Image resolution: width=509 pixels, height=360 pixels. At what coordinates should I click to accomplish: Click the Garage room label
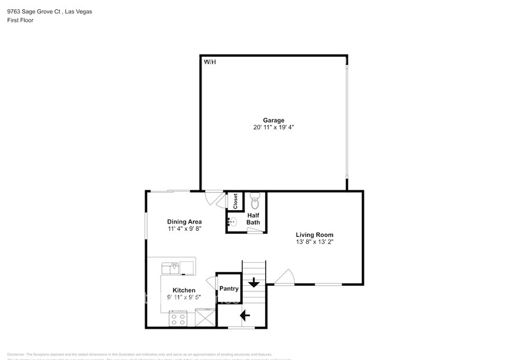tap(273, 120)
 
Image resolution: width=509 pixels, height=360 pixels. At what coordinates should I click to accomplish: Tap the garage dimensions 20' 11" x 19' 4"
tap(273, 128)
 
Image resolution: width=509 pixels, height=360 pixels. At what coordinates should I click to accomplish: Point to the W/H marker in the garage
tap(209, 61)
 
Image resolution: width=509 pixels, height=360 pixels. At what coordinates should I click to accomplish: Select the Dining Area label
tap(184, 222)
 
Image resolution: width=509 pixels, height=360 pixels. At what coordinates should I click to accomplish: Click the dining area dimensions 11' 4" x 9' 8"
tap(184, 229)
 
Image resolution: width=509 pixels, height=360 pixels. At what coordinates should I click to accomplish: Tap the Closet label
tap(235, 201)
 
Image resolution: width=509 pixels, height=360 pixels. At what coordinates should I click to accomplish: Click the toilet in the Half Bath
tap(255, 201)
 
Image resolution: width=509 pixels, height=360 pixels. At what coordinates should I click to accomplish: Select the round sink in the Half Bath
tap(233, 222)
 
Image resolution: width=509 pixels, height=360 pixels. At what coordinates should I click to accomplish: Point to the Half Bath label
tap(253, 219)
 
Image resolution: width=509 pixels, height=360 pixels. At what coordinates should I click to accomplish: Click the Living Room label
tap(314, 234)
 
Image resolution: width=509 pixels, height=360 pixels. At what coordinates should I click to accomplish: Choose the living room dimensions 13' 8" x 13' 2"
tap(314, 242)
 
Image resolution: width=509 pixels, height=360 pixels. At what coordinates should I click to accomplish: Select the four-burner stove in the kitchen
tap(178, 319)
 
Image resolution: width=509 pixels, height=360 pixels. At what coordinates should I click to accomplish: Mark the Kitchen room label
tap(184, 290)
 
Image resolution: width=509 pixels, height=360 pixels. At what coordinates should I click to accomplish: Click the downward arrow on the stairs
tap(253, 283)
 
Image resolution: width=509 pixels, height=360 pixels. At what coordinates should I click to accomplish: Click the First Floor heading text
tap(20, 20)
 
